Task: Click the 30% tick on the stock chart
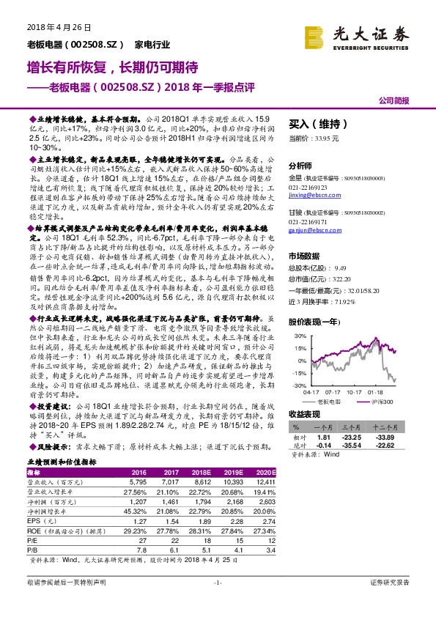(299, 335)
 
